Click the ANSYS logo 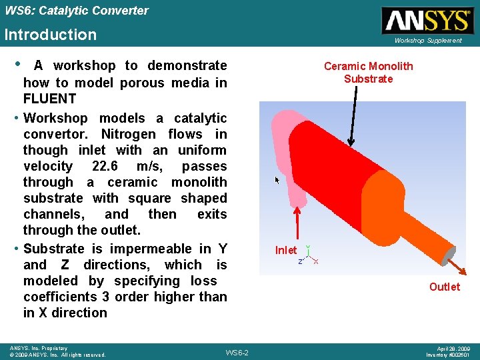[x=427, y=21]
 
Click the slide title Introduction [x=51, y=35]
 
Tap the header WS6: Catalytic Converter [x=76, y=11]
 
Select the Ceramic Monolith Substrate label [x=368, y=72]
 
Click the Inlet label [x=286, y=251]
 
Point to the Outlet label [x=444, y=287]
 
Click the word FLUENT [x=49, y=99]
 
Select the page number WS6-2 [x=237, y=352]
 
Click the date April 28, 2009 [x=453, y=348]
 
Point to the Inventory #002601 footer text [x=448, y=355]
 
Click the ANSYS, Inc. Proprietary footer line [x=39, y=348]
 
